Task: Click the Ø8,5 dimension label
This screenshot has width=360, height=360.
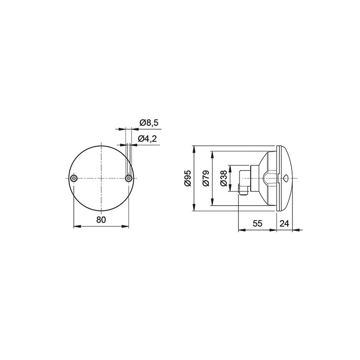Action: (x=148, y=122)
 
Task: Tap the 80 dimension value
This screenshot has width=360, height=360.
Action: (x=101, y=220)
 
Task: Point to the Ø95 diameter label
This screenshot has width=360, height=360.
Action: (x=188, y=178)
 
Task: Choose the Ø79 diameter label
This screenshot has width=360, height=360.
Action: (x=206, y=179)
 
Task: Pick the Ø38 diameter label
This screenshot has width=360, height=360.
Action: (x=223, y=179)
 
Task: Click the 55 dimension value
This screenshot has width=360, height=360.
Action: (x=257, y=223)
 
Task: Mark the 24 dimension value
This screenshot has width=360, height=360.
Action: (x=284, y=223)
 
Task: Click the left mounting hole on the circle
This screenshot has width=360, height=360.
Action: (x=73, y=179)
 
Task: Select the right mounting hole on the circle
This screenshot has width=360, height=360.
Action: (x=129, y=179)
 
